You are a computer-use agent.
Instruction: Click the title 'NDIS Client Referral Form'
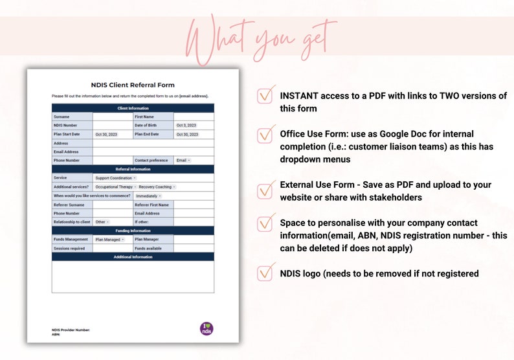pos(132,85)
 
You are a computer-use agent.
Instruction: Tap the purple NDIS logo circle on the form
pos(206,328)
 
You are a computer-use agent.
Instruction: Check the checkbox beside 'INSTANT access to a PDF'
pos(265,95)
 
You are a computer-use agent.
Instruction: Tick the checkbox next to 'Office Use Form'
pos(265,135)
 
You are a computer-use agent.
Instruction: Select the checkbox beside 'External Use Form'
pos(265,190)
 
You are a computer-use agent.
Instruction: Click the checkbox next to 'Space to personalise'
pos(265,223)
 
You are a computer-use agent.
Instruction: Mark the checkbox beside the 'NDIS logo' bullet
pos(265,273)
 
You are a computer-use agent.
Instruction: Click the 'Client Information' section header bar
pos(133,108)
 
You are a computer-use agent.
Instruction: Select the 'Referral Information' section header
pos(133,169)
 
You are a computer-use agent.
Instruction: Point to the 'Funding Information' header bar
pos(133,231)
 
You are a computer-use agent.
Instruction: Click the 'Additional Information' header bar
pos(133,257)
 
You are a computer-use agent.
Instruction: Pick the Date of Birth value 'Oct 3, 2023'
pos(186,125)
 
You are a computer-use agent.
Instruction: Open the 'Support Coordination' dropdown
pos(115,177)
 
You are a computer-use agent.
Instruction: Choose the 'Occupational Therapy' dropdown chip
pos(115,186)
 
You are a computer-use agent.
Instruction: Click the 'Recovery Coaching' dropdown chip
pos(157,186)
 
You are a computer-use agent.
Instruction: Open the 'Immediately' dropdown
pos(148,196)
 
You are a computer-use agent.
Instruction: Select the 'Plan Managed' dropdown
pos(109,240)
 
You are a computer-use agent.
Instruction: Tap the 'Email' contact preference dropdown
pos(183,160)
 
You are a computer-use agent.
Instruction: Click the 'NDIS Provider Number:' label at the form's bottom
pos(71,330)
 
